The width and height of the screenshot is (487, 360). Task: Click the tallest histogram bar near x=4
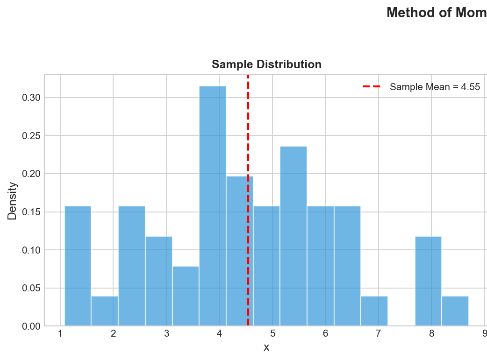[x=213, y=205]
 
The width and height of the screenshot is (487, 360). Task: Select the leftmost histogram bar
[x=78, y=266]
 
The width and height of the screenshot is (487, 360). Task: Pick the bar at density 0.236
[x=294, y=236]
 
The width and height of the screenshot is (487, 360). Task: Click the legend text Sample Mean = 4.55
[x=435, y=86]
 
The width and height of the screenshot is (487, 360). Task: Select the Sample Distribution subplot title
[x=266, y=64]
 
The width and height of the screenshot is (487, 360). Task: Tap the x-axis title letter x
[x=266, y=347]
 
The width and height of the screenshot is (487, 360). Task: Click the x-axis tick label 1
[x=60, y=334]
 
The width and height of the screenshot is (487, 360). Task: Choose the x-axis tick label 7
[x=379, y=334]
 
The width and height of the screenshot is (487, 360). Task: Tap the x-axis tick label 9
[x=484, y=334]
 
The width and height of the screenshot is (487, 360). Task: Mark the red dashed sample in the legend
[x=372, y=86]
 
